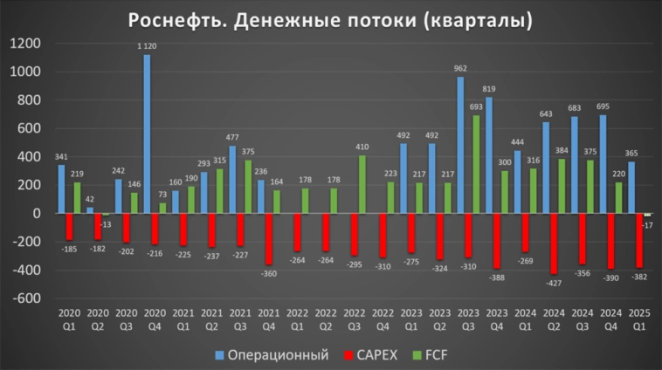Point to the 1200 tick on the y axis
tap(27, 44)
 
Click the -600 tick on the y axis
tap(27, 298)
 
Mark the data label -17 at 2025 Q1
tap(647, 226)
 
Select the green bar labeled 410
tap(362, 184)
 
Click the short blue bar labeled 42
tap(90, 210)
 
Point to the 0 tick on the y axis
tap(36, 214)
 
